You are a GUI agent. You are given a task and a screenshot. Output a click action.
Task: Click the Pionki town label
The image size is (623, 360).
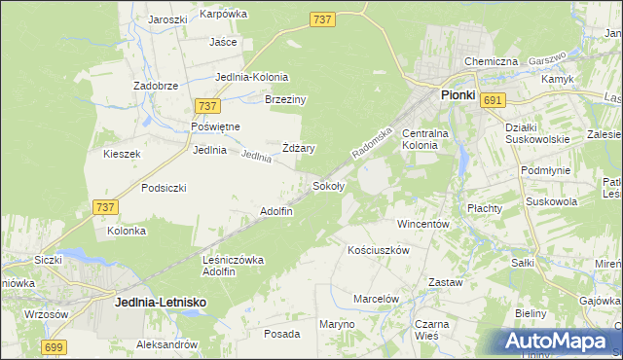(458, 95)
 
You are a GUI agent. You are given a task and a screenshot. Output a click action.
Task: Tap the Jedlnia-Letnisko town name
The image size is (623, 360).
(160, 303)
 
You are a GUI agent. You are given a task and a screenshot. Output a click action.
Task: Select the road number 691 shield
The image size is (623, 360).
(493, 100)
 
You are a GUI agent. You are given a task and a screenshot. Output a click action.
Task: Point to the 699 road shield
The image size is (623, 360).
(55, 346)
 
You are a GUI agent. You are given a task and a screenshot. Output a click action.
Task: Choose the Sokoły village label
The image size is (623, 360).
(327, 185)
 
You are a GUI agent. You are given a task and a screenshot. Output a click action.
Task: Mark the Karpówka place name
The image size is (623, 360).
(224, 14)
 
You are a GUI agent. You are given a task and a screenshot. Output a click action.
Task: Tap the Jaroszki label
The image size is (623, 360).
(167, 18)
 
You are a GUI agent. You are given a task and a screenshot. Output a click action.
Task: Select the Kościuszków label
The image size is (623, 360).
(379, 250)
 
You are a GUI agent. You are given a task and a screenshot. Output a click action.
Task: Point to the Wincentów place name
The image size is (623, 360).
(423, 224)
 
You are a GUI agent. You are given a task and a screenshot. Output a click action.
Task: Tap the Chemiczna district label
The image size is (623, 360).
(491, 61)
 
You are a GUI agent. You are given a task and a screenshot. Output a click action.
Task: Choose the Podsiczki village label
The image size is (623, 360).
(164, 188)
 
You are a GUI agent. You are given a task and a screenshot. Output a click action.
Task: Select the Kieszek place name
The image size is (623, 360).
(123, 154)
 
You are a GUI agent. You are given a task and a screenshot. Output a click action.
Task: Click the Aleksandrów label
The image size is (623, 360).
(166, 345)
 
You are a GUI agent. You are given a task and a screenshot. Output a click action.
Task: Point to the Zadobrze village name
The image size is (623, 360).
(156, 86)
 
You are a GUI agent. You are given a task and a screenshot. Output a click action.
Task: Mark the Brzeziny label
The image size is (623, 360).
(286, 99)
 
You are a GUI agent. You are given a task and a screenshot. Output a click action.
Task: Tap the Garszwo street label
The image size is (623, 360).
(548, 59)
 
